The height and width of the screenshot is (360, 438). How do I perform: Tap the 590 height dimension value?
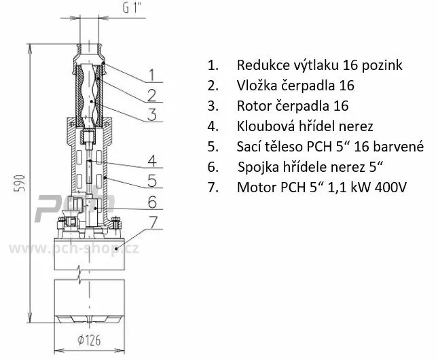tap(20, 183)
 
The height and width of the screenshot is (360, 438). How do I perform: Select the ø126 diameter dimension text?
tap(90, 340)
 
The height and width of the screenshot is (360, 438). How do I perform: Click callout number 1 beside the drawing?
tap(151, 75)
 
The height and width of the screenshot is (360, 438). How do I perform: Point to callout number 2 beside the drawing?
tap(151, 95)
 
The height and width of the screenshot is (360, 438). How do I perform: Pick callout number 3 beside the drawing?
tap(152, 115)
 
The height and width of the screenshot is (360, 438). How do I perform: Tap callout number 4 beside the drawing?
tap(152, 161)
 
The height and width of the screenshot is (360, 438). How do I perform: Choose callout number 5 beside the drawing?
tap(152, 181)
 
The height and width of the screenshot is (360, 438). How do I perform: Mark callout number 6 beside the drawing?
tap(152, 202)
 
